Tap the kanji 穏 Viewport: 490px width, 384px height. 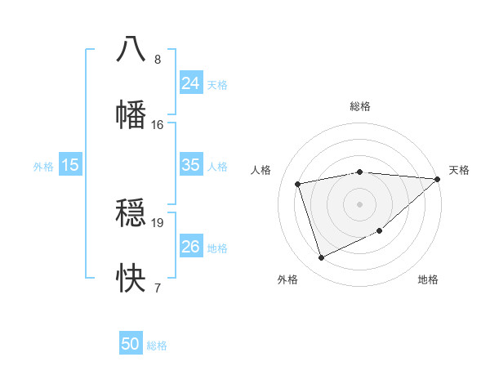pyautogui.click(x=131, y=212)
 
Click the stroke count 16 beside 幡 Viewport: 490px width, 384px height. pyautogui.click(x=158, y=125)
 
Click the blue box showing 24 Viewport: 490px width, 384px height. pyautogui.click(x=190, y=83)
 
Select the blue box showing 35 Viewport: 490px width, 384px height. pyautogui.click(x=190, y=164)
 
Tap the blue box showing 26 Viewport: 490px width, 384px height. pyautogui.click(x=190, y=246)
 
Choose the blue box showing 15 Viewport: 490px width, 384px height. pyautogui.click(x=70, y=164)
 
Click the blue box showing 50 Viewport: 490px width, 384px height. pyautogui.click(x=131, y=344)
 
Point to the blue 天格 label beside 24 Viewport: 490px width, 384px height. pyautogui.click(x=217, y=84)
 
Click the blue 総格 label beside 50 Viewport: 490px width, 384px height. pyautogui.click(x=157, y=346)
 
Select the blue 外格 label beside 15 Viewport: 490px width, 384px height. pyautogui.click(x=43, y=166)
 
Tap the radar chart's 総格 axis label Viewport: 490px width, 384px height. pyautogui.click(x=360, y=106)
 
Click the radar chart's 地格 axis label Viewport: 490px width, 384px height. pyautogui.click(x=428, y=280)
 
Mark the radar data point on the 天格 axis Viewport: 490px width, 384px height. pyautogui.click(x=437, y=179)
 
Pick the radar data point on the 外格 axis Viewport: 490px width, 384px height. pyautogui.click(x=321, y=258)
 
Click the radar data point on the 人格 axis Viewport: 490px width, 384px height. pyautogui.click(x=298, y=183)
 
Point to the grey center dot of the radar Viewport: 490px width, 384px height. pyautogui.click(x=360, y=203)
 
